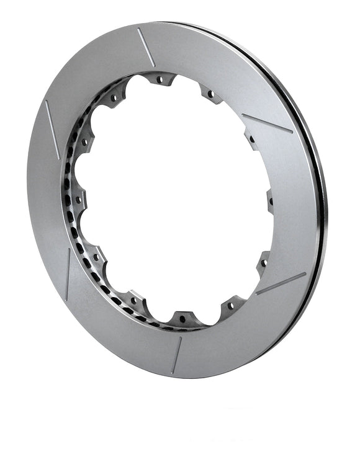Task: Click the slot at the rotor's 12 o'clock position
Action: click(x=146, y=47)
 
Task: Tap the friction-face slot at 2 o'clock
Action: click(x=267, y=123)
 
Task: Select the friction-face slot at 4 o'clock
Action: click(x=281, y=283)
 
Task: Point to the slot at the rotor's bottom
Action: click(x=177, y=355)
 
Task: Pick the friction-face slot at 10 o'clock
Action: click(x=52, y=129)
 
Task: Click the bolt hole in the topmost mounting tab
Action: click(x=160, y=79)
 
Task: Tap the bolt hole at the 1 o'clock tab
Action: click(x=210, y=94)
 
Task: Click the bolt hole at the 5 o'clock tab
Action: click(x=232, y=305)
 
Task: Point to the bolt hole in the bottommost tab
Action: click(x=182, y=320)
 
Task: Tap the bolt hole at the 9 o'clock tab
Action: click(x=78, y=200)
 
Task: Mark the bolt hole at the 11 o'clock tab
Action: click(x=114, y=97)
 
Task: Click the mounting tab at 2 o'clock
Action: click(x=252, y=138)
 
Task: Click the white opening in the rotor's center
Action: click(x=174, y=198)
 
